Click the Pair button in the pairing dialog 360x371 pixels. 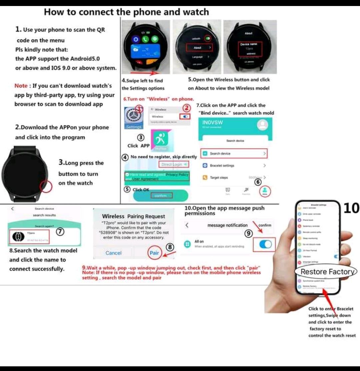click(x=154, y=253)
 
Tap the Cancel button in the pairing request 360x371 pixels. click(x=113, y=253)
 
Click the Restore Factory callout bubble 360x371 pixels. click(x=327, y=272)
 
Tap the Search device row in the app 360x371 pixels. click(x=233, y=153)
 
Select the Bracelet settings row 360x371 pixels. click(x=233, y=165)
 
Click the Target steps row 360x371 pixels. click(x=233, y=177)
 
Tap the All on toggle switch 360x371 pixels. click(x=265, y=245)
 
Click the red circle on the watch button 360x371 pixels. click(x=46, y=186)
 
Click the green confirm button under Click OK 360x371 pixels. click(x=161, y=196)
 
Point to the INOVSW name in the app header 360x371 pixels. click(x=212, y=122)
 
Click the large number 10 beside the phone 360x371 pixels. click(x=351, y=208)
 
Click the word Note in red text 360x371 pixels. click(x=21, y=86)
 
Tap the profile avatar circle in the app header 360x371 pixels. click(x=263, y=125)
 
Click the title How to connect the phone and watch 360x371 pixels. click(x=126, y=12)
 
